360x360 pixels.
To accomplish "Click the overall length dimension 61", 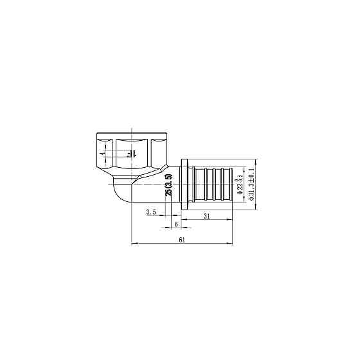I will (181, 240).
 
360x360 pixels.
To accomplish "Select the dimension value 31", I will (207, 215).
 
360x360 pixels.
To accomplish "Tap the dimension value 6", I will (175, 224).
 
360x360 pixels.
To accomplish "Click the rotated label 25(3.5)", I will (168, 184).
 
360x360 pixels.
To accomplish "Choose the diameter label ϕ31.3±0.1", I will (251, 182).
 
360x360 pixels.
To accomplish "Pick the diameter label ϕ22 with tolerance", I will (240, 182).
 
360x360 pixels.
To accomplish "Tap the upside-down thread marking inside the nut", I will (130, 153).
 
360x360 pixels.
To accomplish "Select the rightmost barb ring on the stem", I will (226, 182).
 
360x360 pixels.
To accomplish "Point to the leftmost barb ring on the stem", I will (199, 182).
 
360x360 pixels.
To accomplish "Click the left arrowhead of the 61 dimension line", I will (133, 244).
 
